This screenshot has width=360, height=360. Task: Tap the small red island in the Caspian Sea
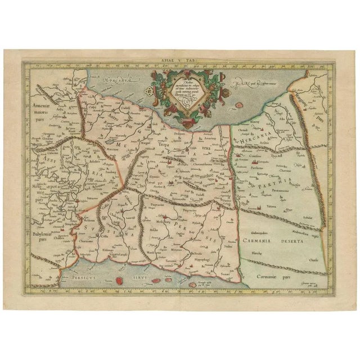point(239,105)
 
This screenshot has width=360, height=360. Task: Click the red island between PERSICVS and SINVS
point(119,280)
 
